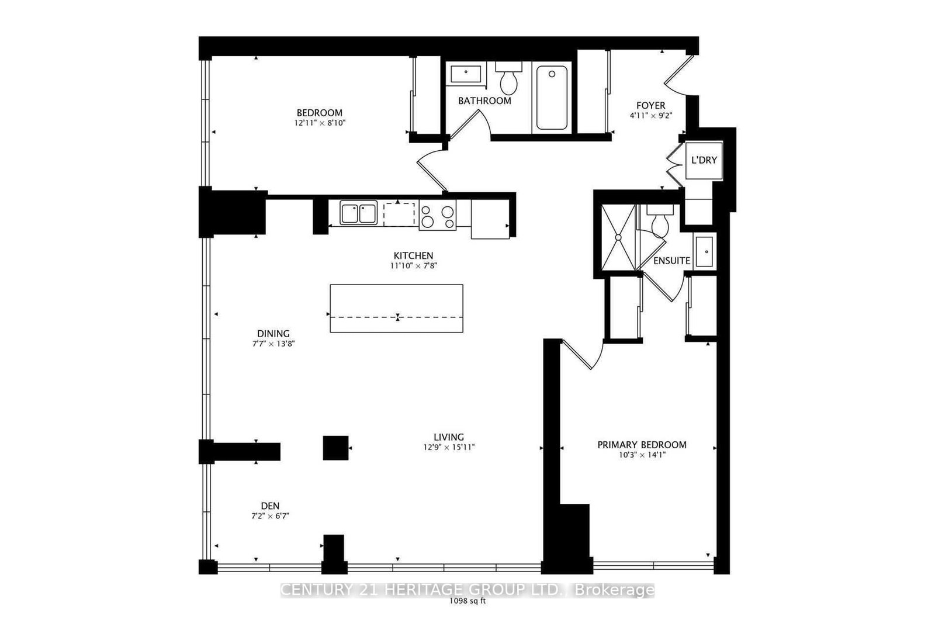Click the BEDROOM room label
[319, 113]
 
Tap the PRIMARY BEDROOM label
[642, 445]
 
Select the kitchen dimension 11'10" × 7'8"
[414, 265]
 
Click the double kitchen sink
[359, 213]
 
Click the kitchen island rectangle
[396, 308]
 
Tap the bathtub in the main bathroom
[552, 98]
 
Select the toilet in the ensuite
[660, 223]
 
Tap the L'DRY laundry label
[704, 160]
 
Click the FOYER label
[650, 106]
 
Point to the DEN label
[270, 506]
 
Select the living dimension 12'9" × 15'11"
[449, 448]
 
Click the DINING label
[273, 334]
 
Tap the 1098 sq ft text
[467, 601]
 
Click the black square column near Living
[336, 448]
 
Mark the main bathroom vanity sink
[465, 74]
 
